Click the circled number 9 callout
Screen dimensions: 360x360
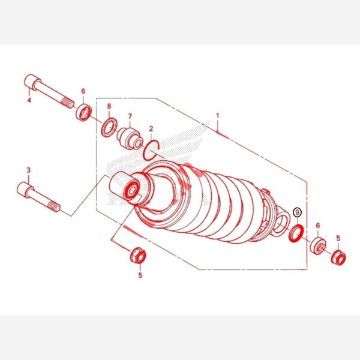click(x=298, y=212)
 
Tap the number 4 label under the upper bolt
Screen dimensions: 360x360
click(x=29, y=100)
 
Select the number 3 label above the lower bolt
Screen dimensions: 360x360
click(x=28, y=170)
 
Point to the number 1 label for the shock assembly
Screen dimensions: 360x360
click(x=218, y=116)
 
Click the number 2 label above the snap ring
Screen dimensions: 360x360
click(x=151, y=129)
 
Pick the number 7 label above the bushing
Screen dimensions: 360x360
click(x=130, y=116)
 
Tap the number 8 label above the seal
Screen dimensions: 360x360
click(x=109, y=106)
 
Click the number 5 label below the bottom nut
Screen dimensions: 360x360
click(x=140, y=275)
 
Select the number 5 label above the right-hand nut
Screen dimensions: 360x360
click(x=338, y=238)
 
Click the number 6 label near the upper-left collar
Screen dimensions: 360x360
click(x=83, y=91)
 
